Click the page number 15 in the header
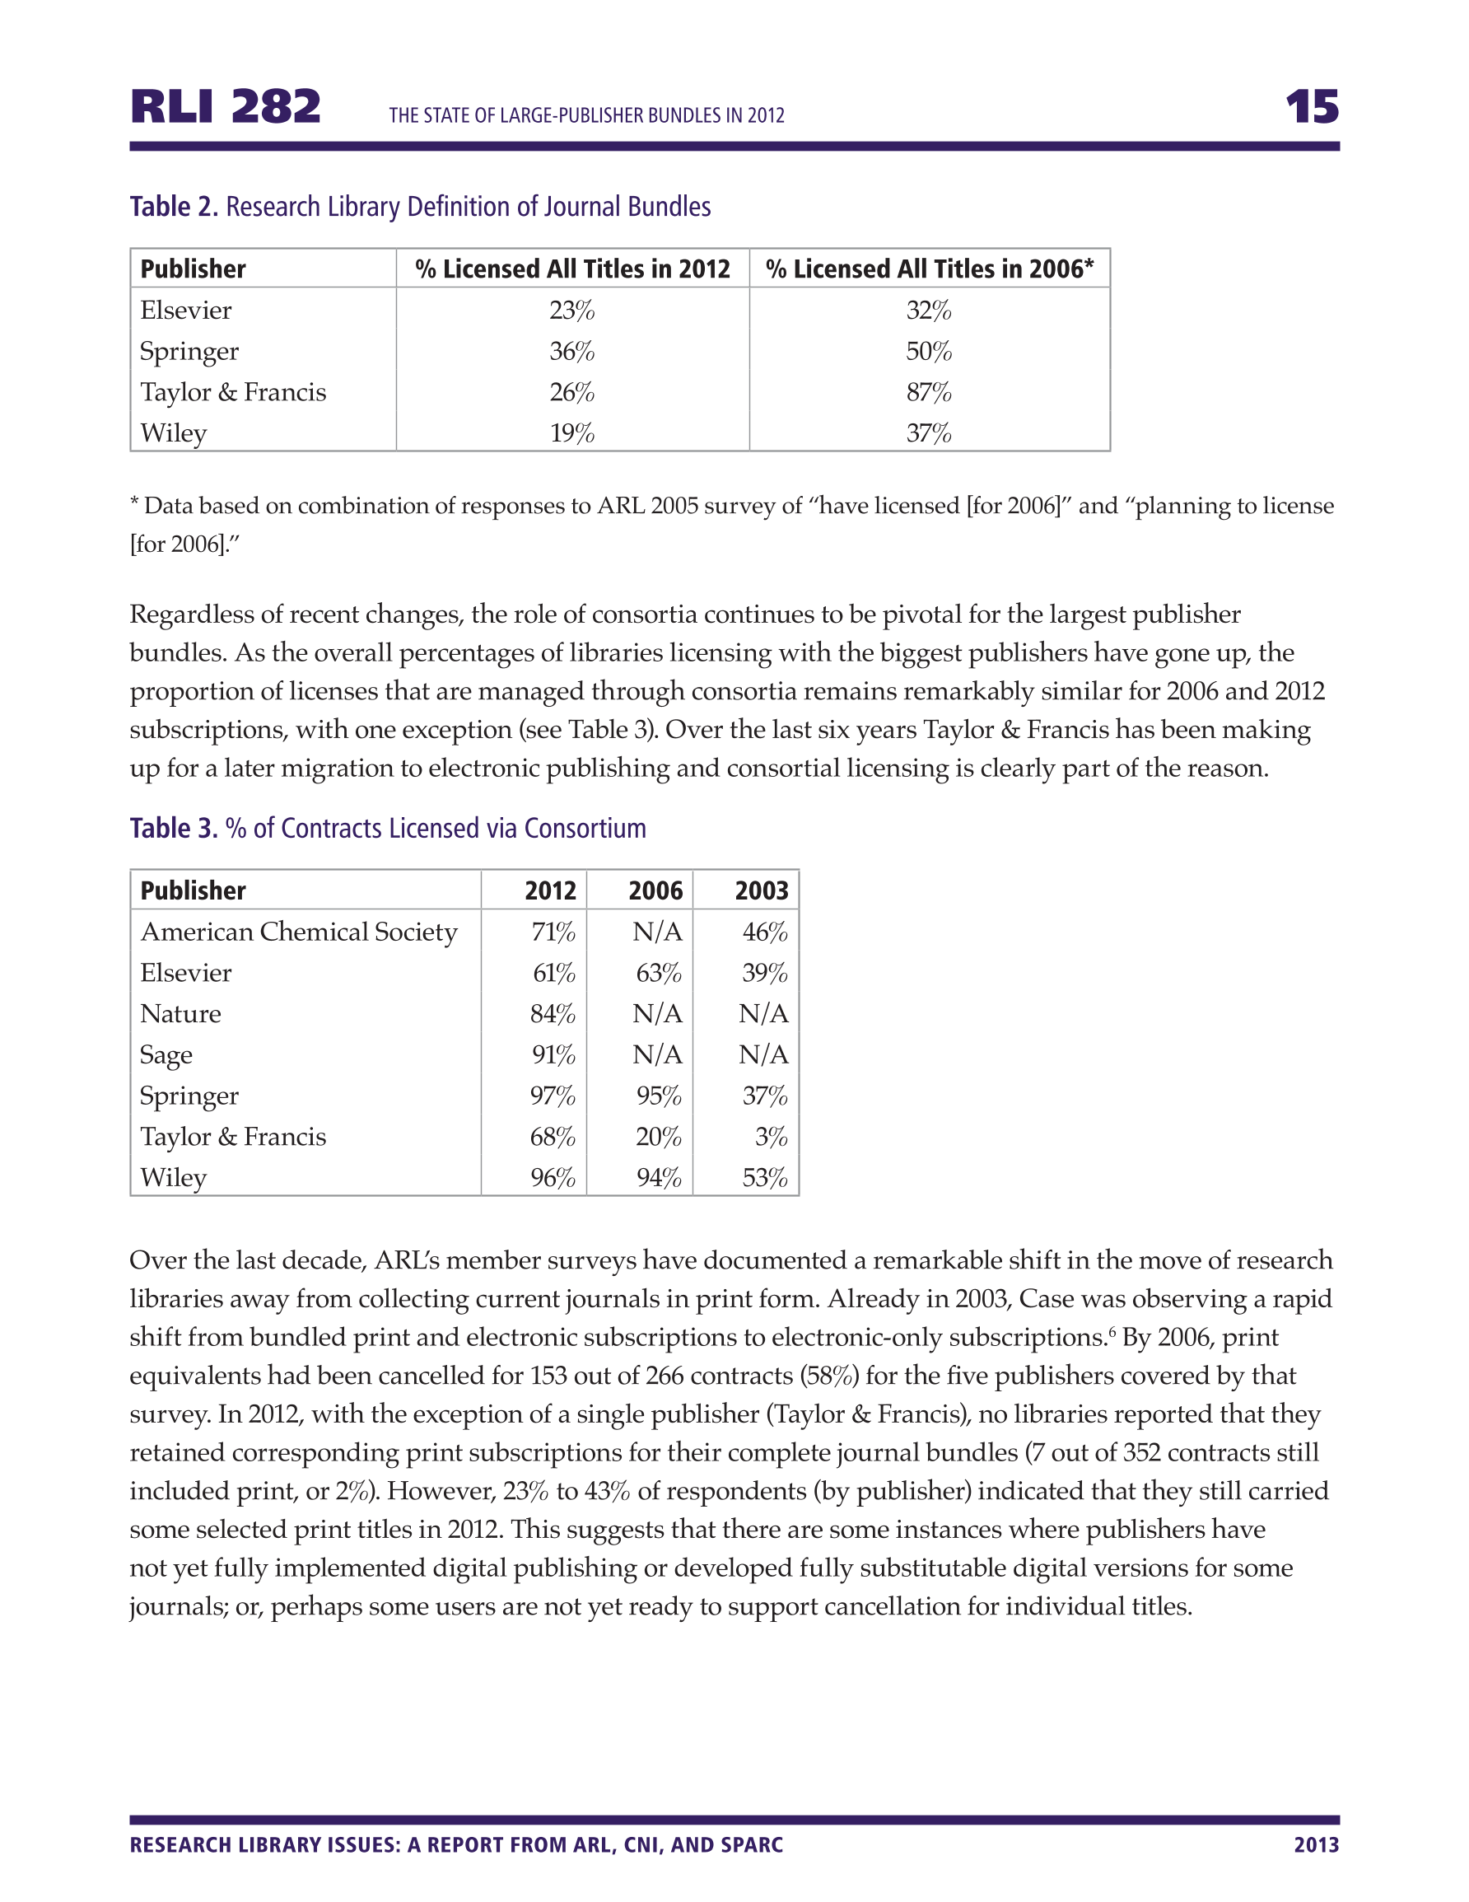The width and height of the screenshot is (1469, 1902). (x=1312, y=107)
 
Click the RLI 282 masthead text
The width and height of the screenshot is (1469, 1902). (x=226, y=107)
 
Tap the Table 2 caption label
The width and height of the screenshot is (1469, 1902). (x=173, y=208)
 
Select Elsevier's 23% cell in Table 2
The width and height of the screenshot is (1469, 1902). (x=571, y=311)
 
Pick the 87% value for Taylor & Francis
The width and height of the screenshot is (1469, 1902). (x=928, y=393)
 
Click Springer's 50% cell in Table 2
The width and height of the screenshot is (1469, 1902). (x=928, y=352)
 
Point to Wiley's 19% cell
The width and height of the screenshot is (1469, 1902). (x=571, y=434)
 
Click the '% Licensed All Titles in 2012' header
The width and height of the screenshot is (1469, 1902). (x=572, y=269)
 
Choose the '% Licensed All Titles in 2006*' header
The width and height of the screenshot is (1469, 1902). (x=929, y=269)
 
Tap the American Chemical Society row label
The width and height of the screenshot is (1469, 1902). (x=299, y=932)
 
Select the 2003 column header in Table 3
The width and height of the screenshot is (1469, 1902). (x=761, y=891)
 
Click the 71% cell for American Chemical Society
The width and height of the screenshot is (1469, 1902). (x=553, y=932)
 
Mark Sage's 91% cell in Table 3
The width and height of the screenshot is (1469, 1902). (x=553, y=1055)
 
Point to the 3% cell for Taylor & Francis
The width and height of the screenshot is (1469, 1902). (x=771, y=1138)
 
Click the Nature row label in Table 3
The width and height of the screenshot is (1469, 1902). (x=180, y=1015)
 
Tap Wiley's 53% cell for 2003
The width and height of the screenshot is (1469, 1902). (x=764, y=1178)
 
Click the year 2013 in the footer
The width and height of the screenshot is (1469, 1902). (x=1316, y=1844)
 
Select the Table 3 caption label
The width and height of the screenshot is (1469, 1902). (x=173, y=828)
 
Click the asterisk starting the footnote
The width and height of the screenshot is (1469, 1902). (x=134, y=503)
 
